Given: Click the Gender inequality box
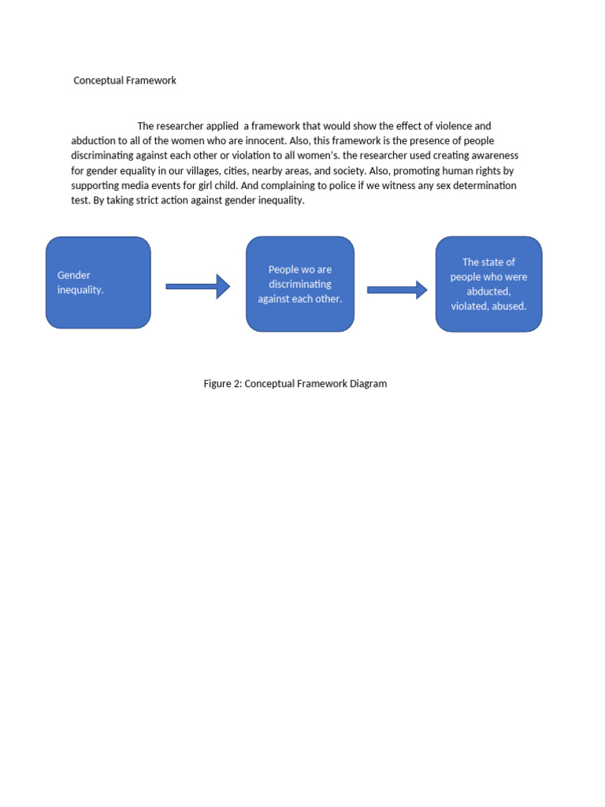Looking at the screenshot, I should pyautogui.click(x=98, y=282).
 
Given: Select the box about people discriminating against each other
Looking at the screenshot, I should pyautogui.click(x=300, y=284).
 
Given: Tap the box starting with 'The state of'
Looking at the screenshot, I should pyautogui.click(x=488, y=284).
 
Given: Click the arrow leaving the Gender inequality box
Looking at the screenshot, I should pyautogui.click(x=198, y=287).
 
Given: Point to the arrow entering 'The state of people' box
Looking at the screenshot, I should pyautogui.click(x=397, y=290).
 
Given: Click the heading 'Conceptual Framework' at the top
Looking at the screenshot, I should pyautogui.click(x=124, y=80).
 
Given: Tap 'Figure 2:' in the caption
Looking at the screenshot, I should pyautogui.click(x=223, y=384).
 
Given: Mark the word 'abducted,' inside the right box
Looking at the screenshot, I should pyautogui.click(x=488, y=292).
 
